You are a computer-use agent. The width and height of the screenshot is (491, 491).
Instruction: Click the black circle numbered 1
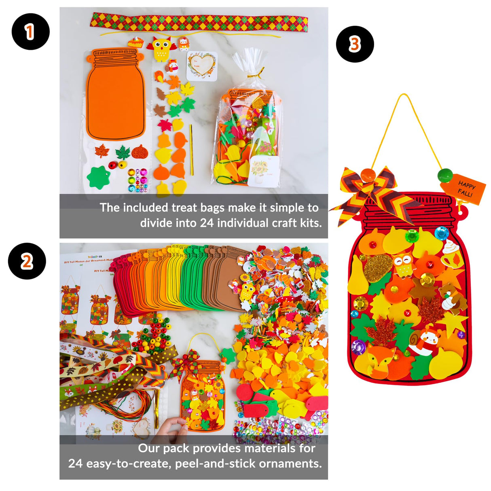click(x=30, y=32)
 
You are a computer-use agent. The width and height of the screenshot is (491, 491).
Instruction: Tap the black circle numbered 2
click(x=27, y=261)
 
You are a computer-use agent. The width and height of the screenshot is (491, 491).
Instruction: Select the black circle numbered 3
click(x=355, y=44)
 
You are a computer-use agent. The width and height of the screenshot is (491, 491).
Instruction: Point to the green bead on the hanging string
click(x=445, y=176)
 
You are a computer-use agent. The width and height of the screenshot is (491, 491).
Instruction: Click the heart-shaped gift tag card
click(x=201, y=66)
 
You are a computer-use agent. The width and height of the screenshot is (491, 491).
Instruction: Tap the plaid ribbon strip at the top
click(x=199, y=22)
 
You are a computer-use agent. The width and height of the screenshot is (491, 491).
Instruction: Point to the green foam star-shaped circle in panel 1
click(x=98, y=177)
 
